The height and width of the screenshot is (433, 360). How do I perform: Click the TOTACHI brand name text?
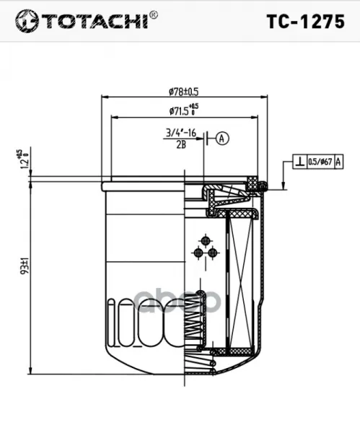point(95,21)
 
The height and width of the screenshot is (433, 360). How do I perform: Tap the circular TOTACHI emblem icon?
point(27,21)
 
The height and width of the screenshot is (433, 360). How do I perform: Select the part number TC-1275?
point(306,22)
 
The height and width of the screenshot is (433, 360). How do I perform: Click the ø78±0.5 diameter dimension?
point(184,92)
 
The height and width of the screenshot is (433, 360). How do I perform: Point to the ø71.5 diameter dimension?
point(184,110)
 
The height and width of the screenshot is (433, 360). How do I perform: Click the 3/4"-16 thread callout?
point(181,133)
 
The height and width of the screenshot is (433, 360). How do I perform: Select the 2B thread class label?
point(181,144)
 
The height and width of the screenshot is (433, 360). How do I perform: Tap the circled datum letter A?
point(222,139)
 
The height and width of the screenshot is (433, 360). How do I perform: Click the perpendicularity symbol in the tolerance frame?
point(300,162)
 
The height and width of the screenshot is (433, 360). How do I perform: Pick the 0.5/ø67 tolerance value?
point(320,162)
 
